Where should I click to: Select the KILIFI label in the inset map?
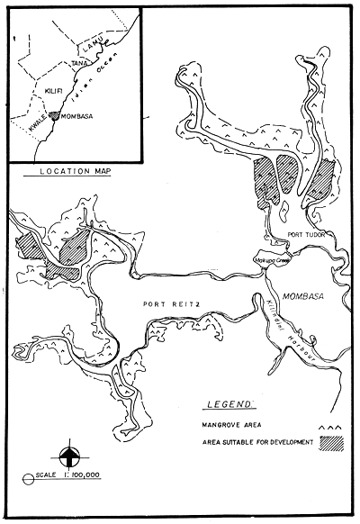[53, 91]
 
